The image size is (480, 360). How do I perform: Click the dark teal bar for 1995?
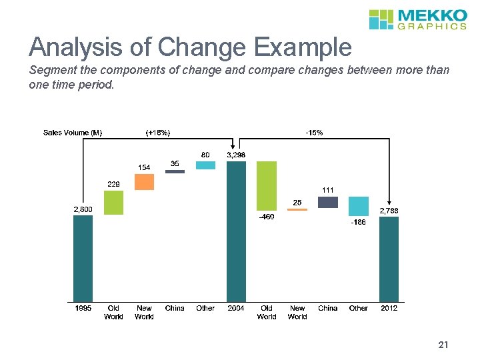point(83,258)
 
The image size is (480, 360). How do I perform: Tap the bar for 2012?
point(389,259)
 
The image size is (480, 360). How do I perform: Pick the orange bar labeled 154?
point(144,182)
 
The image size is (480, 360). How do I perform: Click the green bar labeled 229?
point(113,203)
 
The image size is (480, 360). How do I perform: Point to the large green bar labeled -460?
point(267,185)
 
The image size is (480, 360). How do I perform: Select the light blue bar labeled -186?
point(358,206)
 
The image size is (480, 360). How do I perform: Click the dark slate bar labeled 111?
point(327,202)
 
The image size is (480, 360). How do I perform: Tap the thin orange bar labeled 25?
point(297,209)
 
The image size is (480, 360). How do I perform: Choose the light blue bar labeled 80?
point(205,165)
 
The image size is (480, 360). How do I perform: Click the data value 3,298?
point(236,155)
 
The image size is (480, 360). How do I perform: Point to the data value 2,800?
point(83,209)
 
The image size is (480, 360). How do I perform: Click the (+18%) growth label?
point(158,133)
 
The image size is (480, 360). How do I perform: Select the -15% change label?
point(314,133)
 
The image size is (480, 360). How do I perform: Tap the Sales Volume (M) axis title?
point(73,133)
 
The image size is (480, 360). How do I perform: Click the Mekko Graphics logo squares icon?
point(382,19)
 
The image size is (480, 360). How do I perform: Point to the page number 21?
point(443,345)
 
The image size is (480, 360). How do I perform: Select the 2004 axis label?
point(236,308)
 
